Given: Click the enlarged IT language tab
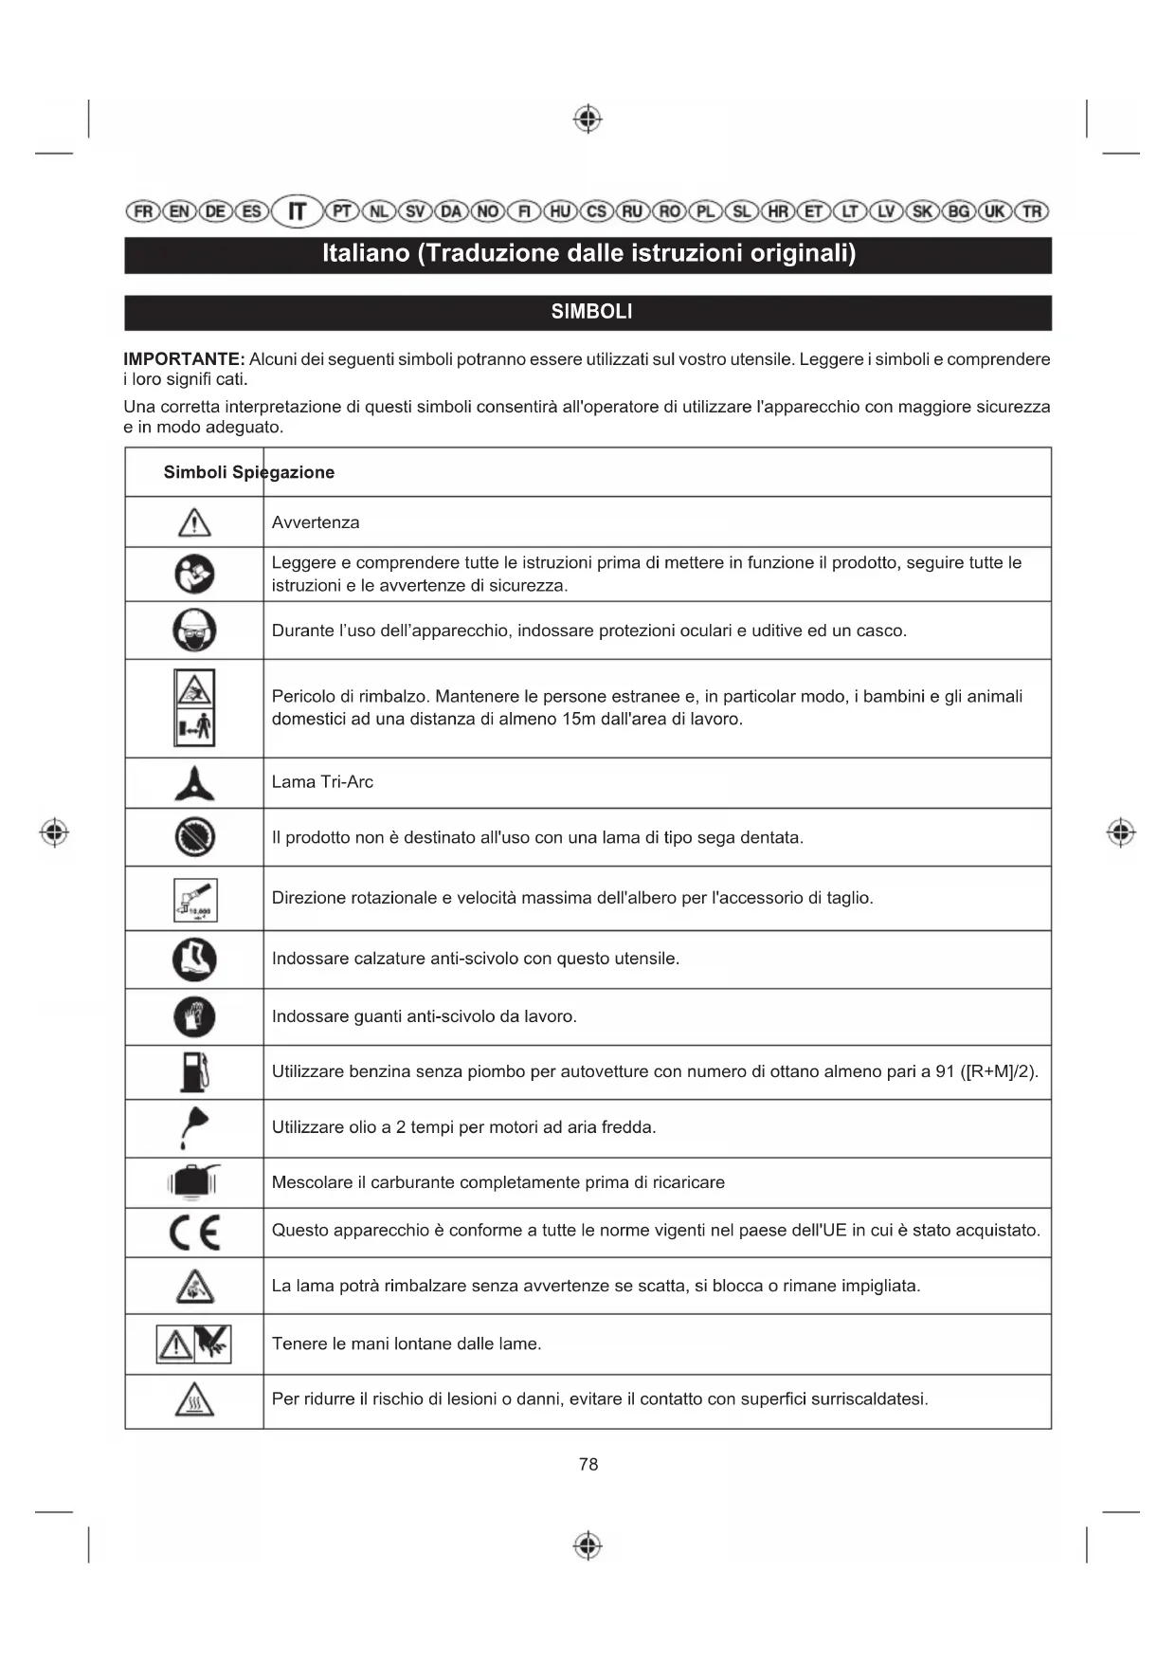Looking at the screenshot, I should point(298,210).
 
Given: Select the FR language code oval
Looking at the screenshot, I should point(143,210).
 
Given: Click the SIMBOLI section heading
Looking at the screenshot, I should point(591,312).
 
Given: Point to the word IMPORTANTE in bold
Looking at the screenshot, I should point(184,359).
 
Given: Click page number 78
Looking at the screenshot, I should point(588,1464).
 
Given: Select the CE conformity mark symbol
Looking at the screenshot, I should point(194,1233).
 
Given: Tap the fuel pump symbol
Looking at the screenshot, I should point(194,1072).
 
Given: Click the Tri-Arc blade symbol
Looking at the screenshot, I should point(194,783).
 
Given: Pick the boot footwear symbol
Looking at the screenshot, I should point(194,959).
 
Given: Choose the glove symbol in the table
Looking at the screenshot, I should point(194,1017).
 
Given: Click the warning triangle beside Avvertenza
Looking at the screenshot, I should point(194,522).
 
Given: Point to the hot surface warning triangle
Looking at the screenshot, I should point(194,1400).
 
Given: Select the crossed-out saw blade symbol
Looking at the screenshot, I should point(194,837).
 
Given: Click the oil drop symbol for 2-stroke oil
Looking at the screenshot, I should point(194,1127).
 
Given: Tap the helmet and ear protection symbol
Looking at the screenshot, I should point(194,630).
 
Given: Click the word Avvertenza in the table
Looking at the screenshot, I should point(316,522).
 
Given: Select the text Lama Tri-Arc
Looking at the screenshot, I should point(322,782).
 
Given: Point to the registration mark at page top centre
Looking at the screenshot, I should point(588,119).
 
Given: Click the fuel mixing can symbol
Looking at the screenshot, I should point(194,1182).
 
